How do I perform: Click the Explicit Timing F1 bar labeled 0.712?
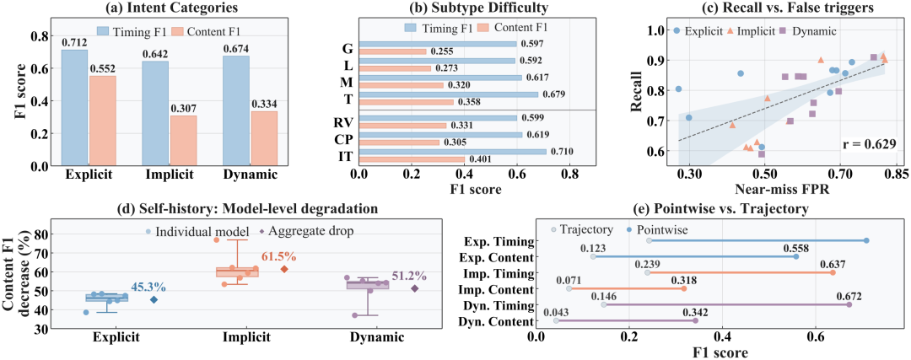click(x=74, y=108)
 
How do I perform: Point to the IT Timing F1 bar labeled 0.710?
click(x=453, y=152)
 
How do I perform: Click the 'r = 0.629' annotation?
click(x=869, y=142)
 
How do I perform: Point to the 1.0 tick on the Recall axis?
click(x=658, y=30)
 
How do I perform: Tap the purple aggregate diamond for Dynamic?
click(x=415, y=288)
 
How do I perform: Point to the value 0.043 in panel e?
click(x=555, y=310)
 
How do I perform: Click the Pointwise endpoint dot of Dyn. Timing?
click(x=849, y=304)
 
